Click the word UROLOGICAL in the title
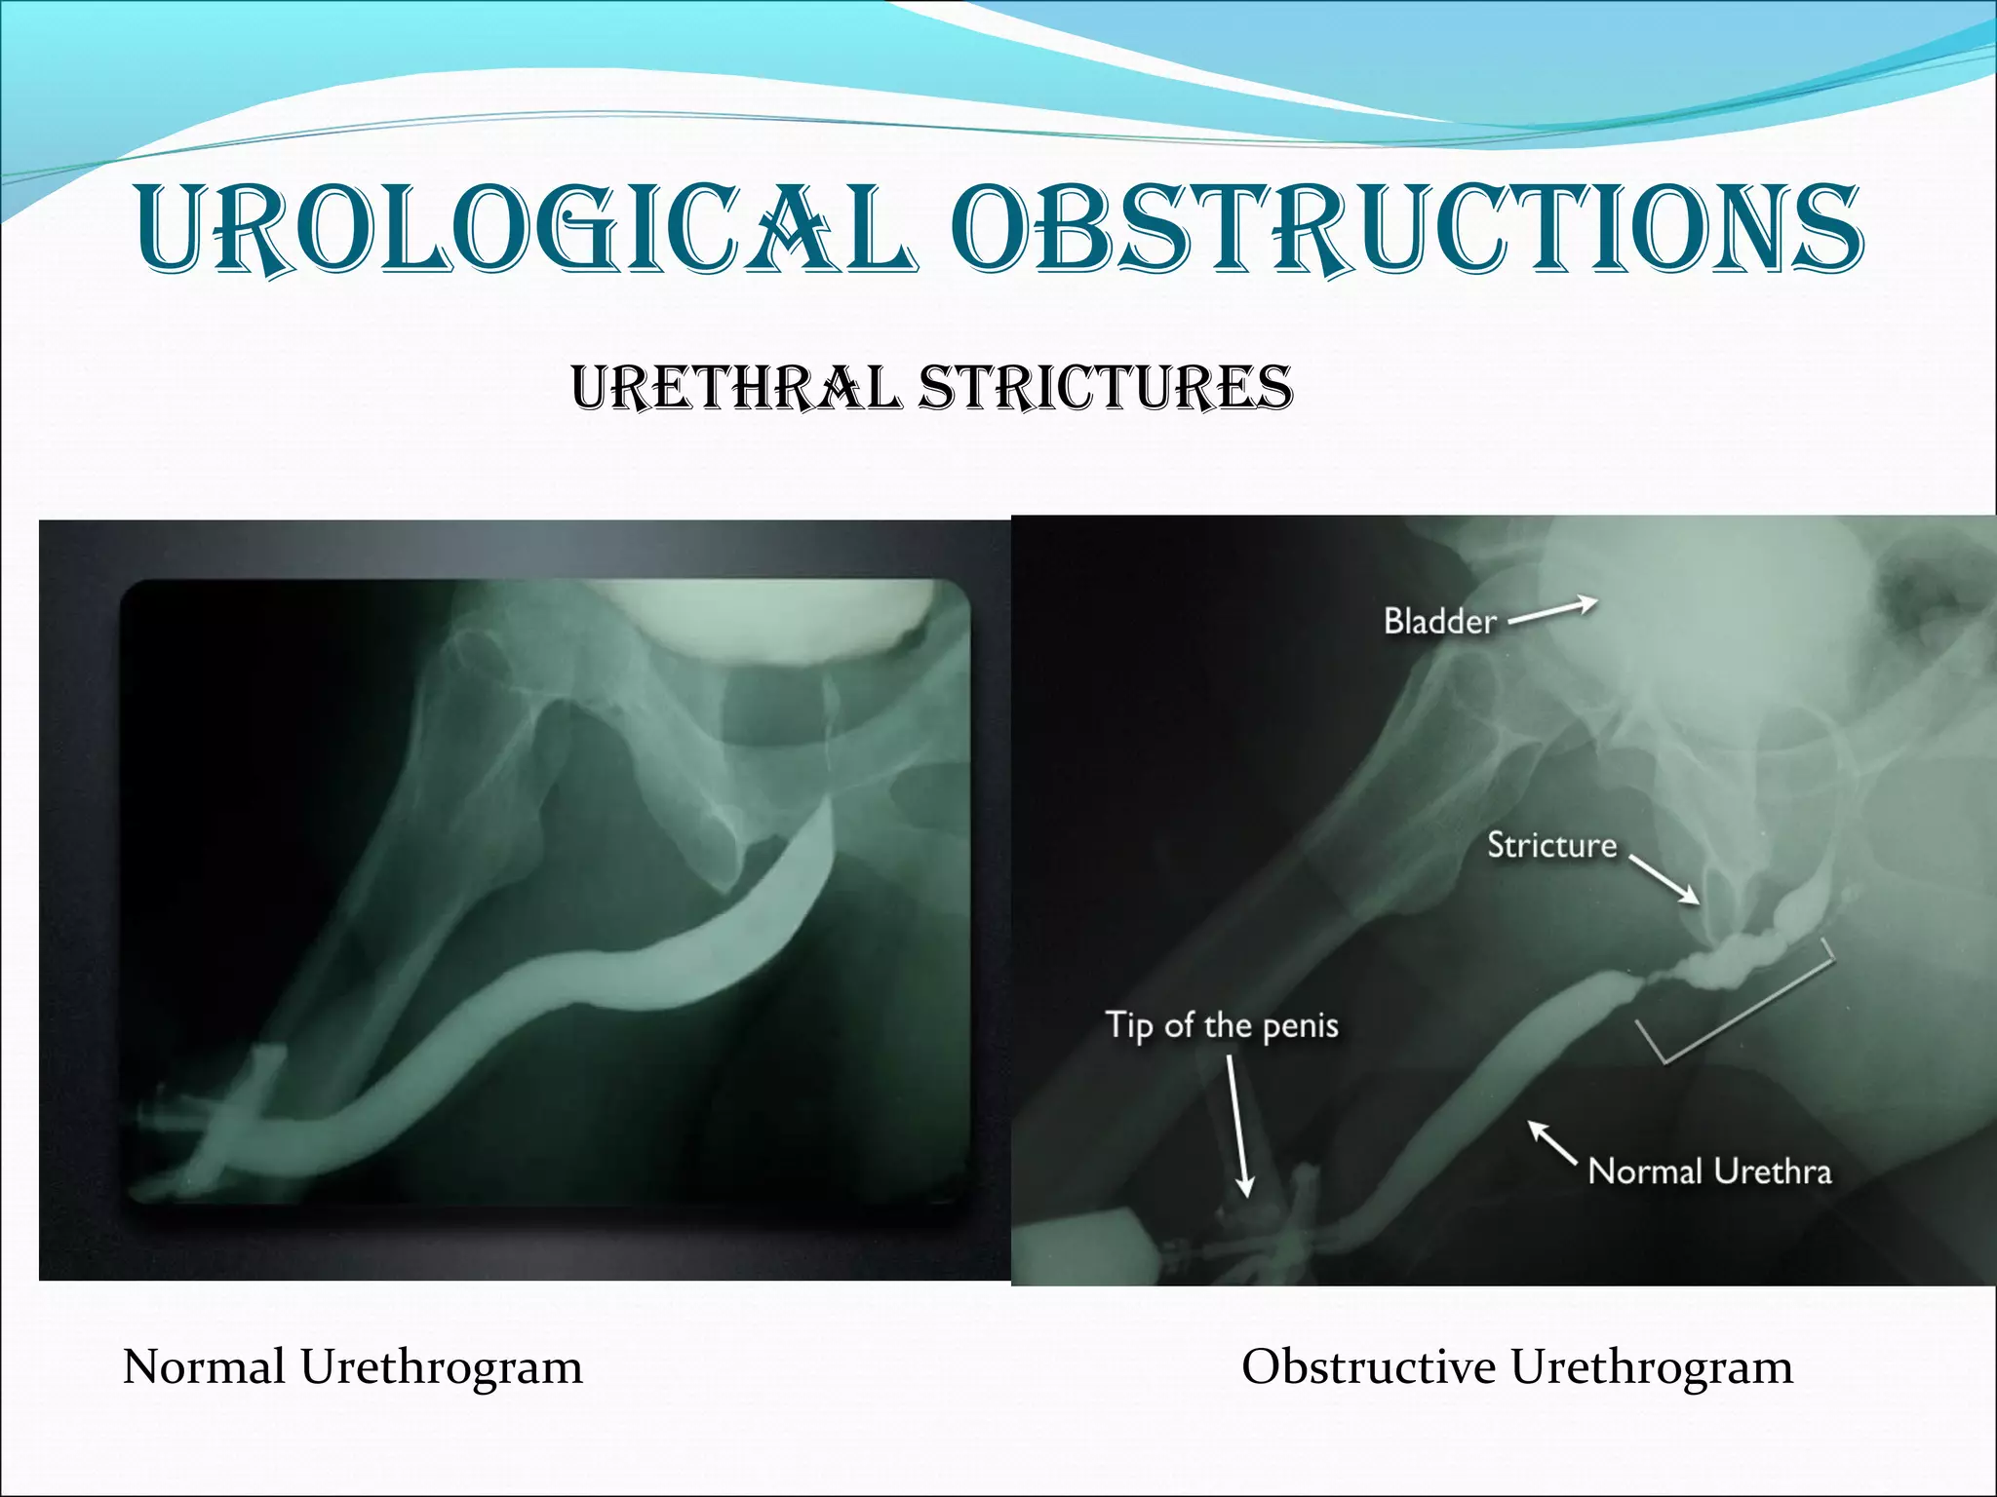[527, 229]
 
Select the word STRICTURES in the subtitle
[1106, 387]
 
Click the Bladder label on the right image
[1439, 621]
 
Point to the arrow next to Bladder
[1553, 611]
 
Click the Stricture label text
[1551, 845]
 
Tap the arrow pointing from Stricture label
[1664, 879]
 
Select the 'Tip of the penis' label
[1221, 1025]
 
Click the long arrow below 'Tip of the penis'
[1236, 1126]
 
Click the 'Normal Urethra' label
[1709, 1171]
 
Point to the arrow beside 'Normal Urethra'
[1551, 1141]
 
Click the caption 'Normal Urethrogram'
[353, 1366]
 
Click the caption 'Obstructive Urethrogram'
[1516, 1366]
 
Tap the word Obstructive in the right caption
[1368, 1366]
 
